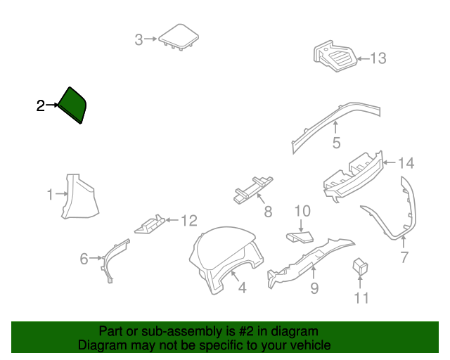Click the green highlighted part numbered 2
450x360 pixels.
(x=72, y=105)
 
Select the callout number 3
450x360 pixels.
(x=139, y=39)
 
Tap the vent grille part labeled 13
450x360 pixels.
(x=335, y=56)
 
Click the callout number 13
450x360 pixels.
(x=378, y=58)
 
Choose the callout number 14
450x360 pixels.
(x=406, y=163)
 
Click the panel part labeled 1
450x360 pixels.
(x=79, y=197)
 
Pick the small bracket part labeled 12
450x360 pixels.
(x=150, y=224)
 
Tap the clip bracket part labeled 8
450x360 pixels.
(x=252, y=190)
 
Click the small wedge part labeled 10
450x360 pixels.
(x=300, y=237)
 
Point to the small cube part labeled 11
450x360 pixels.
(x=360, y=266)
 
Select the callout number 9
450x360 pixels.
(x=314, y=288)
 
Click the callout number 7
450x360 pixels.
(x=404, y=257)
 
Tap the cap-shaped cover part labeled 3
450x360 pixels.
(x=179, y=37)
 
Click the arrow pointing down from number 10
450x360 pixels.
(x=300, y=226)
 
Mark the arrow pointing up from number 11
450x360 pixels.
(x=360, y=282)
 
